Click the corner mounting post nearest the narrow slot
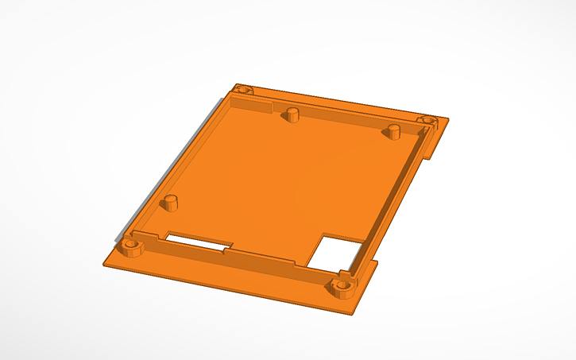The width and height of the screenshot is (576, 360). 132,245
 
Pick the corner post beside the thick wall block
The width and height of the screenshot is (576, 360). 242,91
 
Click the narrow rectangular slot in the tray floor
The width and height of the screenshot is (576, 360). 198,238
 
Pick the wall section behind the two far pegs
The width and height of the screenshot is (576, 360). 342,115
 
